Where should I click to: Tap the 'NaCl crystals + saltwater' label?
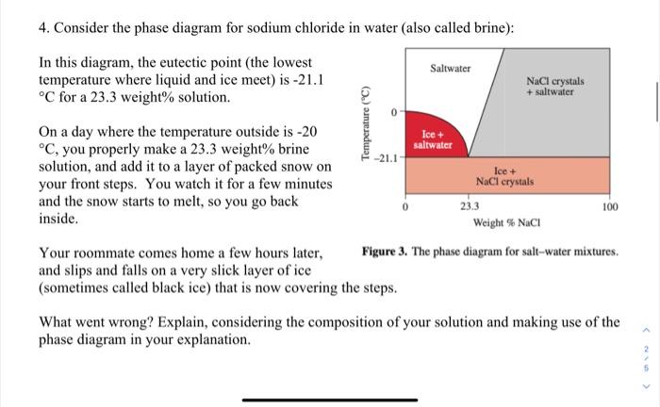point(555,88)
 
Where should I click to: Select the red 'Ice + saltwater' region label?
point(436,140)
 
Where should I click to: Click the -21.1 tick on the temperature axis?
point(387,157)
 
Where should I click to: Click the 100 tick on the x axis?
point(609,205)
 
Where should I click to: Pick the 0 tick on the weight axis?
point(405,205)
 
